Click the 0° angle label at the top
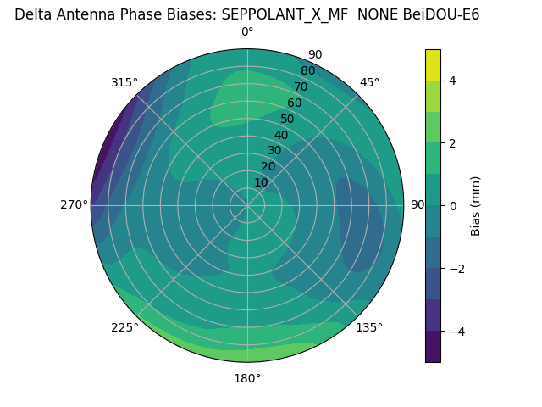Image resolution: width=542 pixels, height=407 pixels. tap(247, 32)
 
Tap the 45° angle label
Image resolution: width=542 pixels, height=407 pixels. tap(369, 82)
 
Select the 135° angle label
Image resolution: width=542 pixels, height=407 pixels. tap(369, 327)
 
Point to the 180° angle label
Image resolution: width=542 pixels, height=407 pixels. tap(247, 378)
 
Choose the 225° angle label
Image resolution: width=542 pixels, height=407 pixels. tap(124, 327)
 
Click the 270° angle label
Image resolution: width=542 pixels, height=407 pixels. tap(74, 204)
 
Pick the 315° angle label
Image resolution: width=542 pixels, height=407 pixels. tap(124, 82)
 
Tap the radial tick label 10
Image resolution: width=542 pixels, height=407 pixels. tap(261, 182)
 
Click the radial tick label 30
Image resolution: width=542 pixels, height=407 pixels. tap(274, 150)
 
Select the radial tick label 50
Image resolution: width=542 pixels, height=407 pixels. tap(287, 119)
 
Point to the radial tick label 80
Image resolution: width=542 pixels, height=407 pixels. tap(307, 70)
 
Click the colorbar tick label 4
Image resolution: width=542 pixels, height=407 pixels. tap(452, 81)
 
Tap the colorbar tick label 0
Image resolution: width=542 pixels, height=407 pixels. tap(452, 205)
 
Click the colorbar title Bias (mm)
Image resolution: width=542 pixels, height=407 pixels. tap(476, 205)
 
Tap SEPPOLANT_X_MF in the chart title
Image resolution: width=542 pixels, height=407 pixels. tap(285, 14)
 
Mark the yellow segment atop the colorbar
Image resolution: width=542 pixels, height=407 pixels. tap(433, 64)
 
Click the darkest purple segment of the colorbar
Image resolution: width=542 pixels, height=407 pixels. tap(433, 347)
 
